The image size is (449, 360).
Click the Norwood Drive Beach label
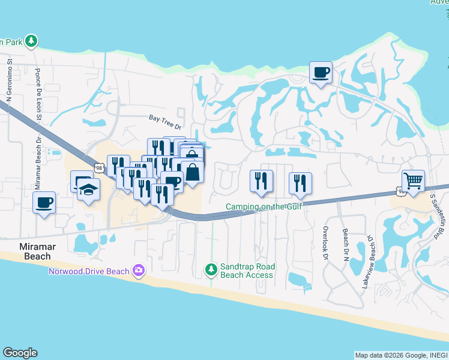[x=89, y=271]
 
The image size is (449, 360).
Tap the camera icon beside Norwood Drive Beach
[x=139, y=271]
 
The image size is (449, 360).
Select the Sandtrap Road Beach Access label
[x=248, y=271]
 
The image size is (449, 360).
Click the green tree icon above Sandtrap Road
[x=211, y=270]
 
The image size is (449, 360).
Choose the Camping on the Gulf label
[x=263, y=207]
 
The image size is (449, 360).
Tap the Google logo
[x=20, y=353]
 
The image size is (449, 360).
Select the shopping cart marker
[x=413, y=181]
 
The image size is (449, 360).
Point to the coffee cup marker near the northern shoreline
[x=321, y=73]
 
